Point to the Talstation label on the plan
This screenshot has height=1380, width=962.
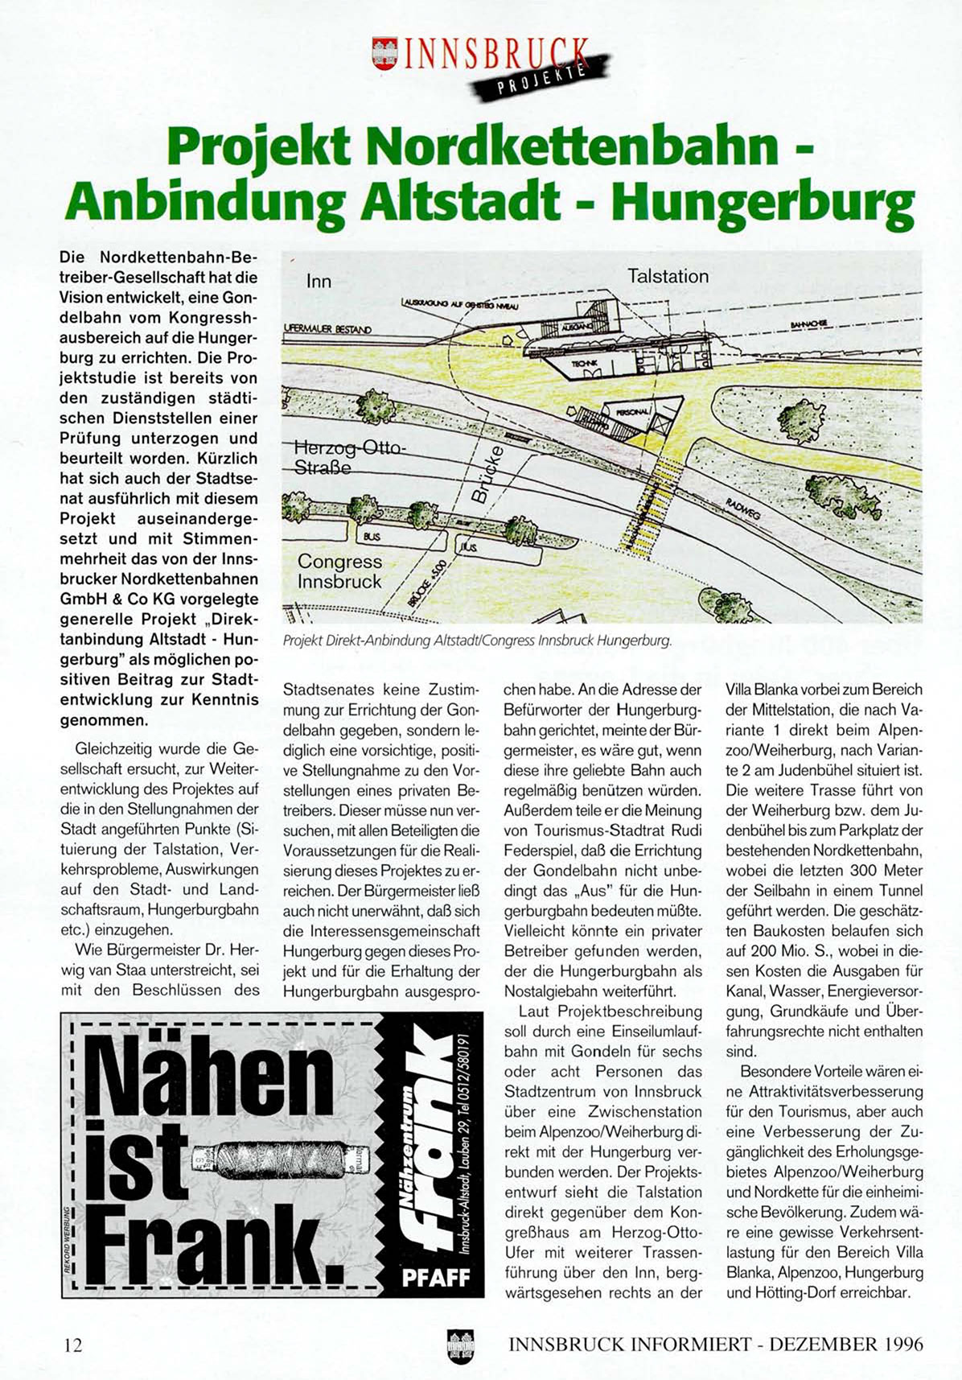pos(668,276)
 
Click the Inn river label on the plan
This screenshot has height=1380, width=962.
pos(319,282)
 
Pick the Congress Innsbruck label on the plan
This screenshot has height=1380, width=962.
pos(339,571)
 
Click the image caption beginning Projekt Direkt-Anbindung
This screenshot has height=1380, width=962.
pos(476,641)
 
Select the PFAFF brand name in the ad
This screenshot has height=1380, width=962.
pos(435,1278)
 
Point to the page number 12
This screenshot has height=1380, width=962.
pos(73,1345)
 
